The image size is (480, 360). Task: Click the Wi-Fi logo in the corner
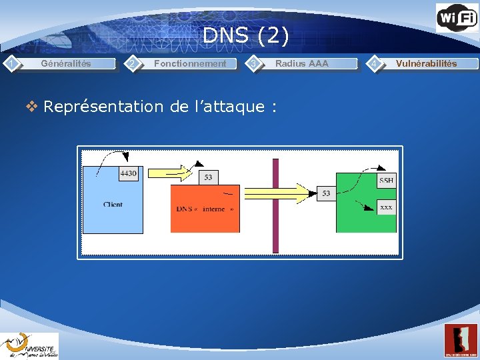[x=457, y=17]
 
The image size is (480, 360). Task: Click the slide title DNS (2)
[x=246, y=35]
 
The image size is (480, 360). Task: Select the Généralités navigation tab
[x=66, y=64]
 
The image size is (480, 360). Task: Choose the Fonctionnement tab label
[x=190, y=64]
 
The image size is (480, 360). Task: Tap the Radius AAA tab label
[x=301, y=64]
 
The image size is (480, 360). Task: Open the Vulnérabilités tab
[x=426, y=64]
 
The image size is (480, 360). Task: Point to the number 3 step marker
[x=253, y=63]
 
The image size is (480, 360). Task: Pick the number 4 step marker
[x=375, y=63]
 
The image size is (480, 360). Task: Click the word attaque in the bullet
[x=231, y=107]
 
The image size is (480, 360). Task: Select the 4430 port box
[x=128, y=174]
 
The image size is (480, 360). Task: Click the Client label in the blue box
[x=113, y=205]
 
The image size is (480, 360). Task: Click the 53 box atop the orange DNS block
[x=209, y=177]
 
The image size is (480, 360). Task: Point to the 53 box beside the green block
[x=326, y=193]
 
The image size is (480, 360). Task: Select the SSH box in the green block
[x=386, y=181]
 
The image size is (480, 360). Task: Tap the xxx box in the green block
[x=386, y=207]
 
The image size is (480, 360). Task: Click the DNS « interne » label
[x=205, y=209]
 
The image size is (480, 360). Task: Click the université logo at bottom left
[x=29, y=345]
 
